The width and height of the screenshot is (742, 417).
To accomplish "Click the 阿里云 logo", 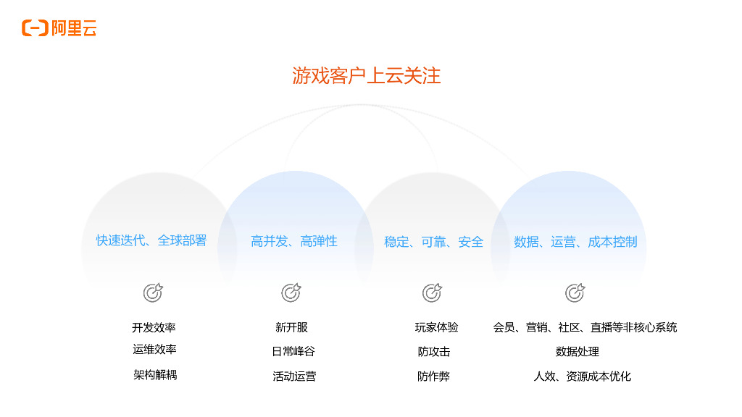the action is coord(59,28).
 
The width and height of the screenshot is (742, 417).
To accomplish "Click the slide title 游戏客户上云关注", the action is coord(367,75).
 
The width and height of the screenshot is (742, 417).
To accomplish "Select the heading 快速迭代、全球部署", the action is coord(151,240).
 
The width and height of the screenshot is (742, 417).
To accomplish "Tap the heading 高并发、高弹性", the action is coord(294,241).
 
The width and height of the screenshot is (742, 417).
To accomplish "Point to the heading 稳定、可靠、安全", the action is coord(433,242).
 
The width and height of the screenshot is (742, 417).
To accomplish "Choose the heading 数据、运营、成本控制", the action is coord(575,242).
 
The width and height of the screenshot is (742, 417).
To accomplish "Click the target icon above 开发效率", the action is coord(153,292).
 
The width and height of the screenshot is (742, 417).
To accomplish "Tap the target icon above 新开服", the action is coord(291,292).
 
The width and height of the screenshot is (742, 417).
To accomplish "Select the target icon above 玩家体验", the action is coord(432,292).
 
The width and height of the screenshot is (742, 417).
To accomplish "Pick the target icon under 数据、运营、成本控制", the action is coord(575,292).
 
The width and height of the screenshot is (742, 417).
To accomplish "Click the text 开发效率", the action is coord(154,328).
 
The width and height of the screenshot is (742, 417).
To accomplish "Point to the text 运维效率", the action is coord(154,350).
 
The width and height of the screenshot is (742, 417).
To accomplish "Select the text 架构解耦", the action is coord(155,375).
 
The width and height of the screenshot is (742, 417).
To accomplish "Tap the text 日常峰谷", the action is coord(293,352).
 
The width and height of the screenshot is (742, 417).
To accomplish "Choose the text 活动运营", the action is coord(294,376).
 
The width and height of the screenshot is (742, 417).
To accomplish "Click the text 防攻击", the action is coord(434,352).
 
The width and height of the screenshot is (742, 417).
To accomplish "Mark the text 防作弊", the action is coord(433,376).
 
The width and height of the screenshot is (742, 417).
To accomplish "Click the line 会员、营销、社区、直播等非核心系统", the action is coord(585,328).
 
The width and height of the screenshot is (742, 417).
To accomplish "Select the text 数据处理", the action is coord(578,352).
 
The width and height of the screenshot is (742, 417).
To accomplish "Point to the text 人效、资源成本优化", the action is coord(582,376).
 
